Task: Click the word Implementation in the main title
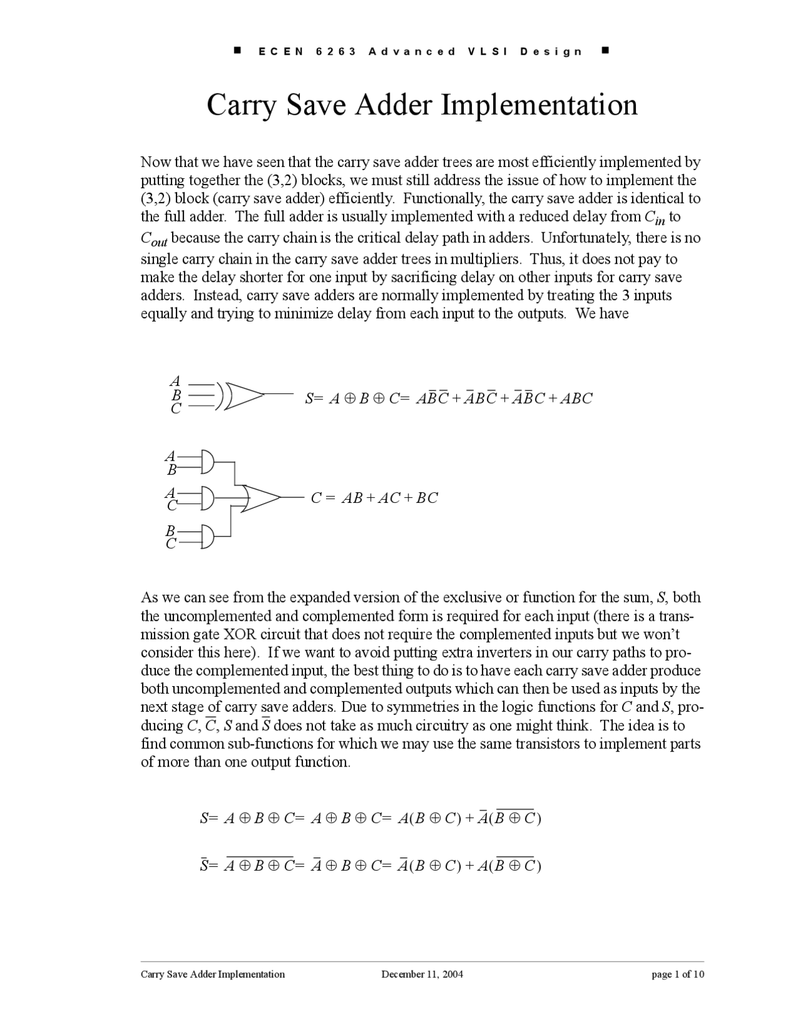[x=540, y=105]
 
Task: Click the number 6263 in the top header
[x=336, y=52]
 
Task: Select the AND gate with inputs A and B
[x=207, y=462]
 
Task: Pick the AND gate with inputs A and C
[x=207, y=499]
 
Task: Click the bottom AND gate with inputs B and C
[x=207, y=536]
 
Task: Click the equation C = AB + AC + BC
[x=374, y=498]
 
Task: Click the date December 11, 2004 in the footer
[x=422, y=974]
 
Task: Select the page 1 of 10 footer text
[x=678, y=974]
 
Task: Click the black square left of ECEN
[x=238, y=50]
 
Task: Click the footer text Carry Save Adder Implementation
[x=213, y=974]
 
